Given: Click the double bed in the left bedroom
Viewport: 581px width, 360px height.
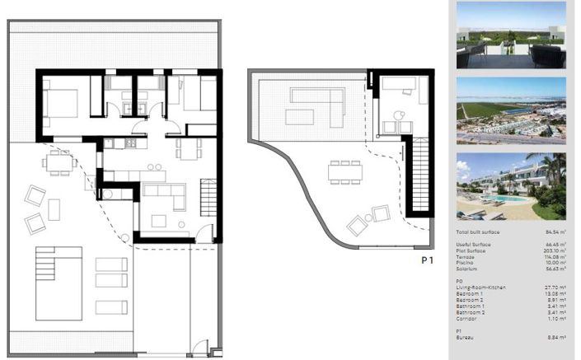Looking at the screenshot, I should click(x=61, y=103).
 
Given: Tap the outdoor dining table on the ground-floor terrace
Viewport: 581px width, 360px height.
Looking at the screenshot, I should click(x=59, y=162).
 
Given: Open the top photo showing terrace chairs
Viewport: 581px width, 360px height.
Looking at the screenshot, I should click(x=511, y=35).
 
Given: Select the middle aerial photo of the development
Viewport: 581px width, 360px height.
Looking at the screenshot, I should click(x=511, y=110).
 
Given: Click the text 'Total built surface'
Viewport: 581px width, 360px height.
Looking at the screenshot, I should click(x=479, y=234).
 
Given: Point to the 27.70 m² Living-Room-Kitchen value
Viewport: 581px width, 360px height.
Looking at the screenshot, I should click(x=551, y=286).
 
